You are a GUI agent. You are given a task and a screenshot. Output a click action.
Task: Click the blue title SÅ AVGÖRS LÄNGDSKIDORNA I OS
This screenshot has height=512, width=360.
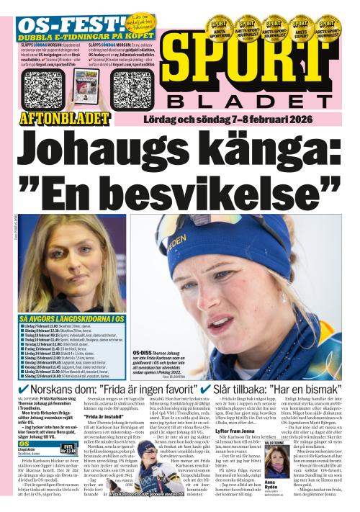tap(72, 318)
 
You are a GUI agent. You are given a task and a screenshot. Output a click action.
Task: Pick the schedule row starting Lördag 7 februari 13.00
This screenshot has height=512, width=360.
tap(65, 325)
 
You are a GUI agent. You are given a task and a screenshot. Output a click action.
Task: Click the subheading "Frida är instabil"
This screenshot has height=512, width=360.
tap(106, 417)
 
